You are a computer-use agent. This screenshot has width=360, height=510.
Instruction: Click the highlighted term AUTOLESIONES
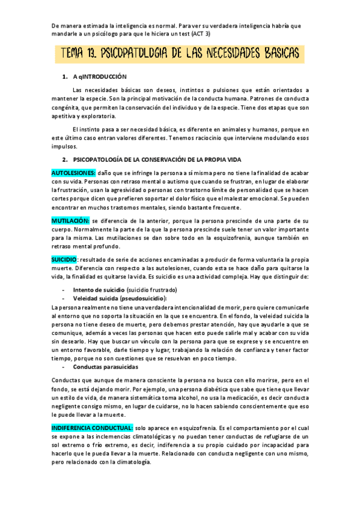pyautogui.click(x=73, y=173)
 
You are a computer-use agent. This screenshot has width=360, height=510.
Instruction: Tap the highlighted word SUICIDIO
pyautogui.click(x=64, y=259)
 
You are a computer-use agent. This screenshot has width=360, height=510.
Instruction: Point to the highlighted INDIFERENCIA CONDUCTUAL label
pyautogui.click(x=92, y=427)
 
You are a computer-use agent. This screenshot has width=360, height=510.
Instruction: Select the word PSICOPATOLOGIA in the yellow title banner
pyautogui.click(x=139, y=55)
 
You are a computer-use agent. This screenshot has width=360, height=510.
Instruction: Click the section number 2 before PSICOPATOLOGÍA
pyautogui.click(x=64, y=160)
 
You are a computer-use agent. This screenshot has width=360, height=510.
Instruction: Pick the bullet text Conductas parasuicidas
pyautogui.click(x=105, y=366)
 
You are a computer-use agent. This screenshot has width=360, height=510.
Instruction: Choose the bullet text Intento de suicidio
pyautogui.click(x=99, y=289)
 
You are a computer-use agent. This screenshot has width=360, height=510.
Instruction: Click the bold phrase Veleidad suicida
pyautogui.click(x=95, y=298)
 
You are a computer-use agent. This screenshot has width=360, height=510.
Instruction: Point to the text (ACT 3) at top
pyautogui.click(x=198, y=34)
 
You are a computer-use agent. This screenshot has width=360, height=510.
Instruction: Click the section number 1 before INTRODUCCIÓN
pyautogui.click(x=64, y=77)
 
